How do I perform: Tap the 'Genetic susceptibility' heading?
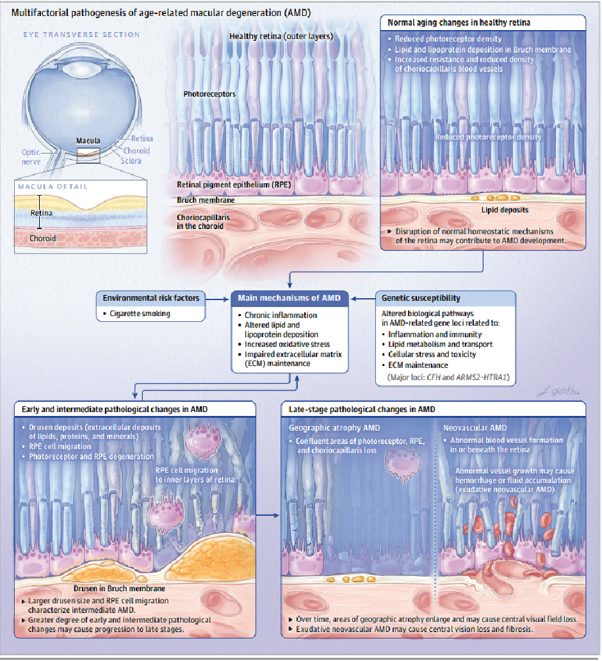click(421, 298)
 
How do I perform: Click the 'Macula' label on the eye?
click(88, 140)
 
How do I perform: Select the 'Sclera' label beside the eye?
click(131, 161)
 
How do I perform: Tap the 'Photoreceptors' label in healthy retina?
click(209, 94)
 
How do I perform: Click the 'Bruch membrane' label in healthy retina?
click(206, 200)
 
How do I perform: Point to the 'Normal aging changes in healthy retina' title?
click(459, 22)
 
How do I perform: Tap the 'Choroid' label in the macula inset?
click(43, 239)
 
